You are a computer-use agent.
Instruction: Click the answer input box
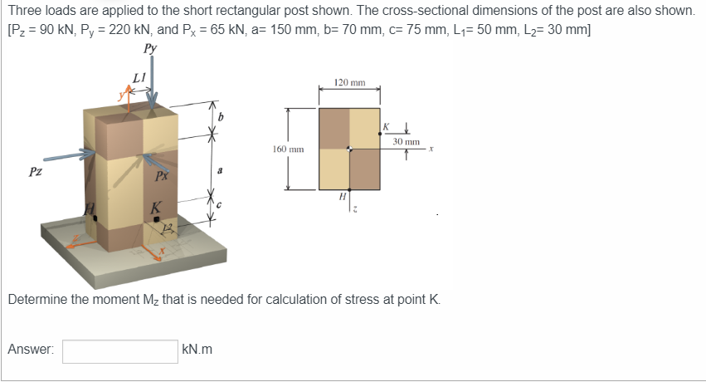click(119, 350)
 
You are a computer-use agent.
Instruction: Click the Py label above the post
click(150, 48)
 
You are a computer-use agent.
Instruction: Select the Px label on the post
click(162, 175)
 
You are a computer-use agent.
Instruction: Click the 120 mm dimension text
click(349, 83)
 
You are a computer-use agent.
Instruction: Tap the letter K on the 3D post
click(155, 208)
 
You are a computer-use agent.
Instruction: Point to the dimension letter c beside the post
click(220, 204)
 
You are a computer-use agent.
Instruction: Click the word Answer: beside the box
click(31, 350)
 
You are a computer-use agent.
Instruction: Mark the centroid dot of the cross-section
click(350, 150)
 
